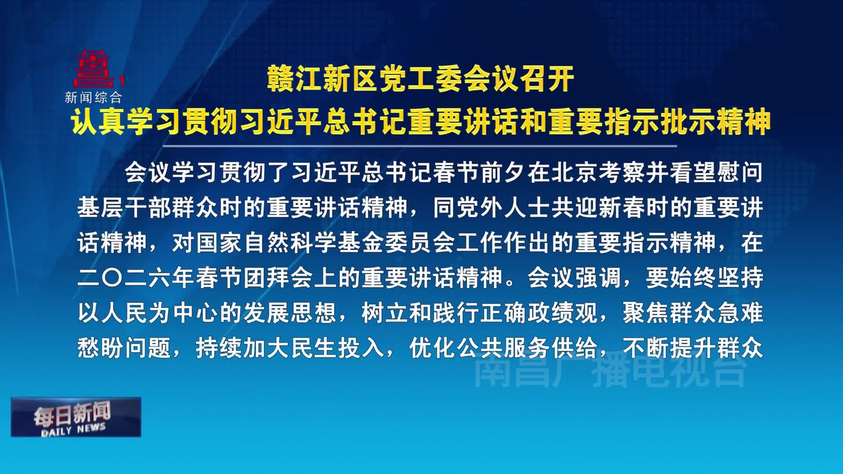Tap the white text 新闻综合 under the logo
point(93,97)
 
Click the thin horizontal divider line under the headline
point(420,146)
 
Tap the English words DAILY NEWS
point(73,430)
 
